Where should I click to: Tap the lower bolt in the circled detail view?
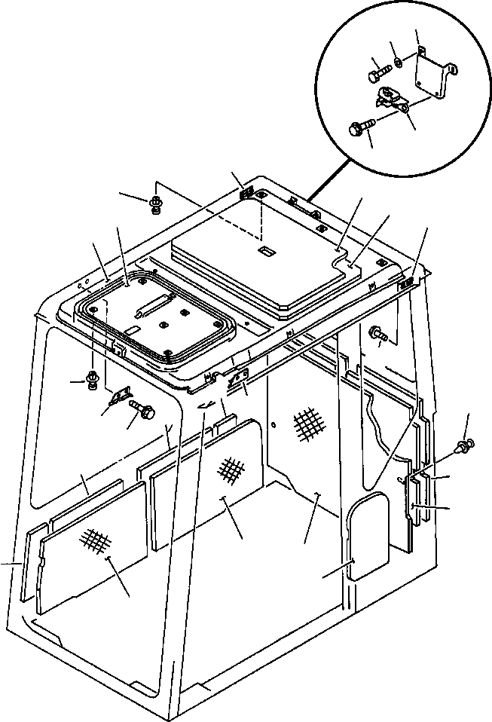pos(361,129)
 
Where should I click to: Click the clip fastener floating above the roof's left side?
pos(156,203)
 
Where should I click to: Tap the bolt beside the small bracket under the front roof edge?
pos(143,410)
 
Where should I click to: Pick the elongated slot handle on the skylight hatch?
pos(154,307)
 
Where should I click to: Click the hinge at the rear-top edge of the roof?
pos(246,194)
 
